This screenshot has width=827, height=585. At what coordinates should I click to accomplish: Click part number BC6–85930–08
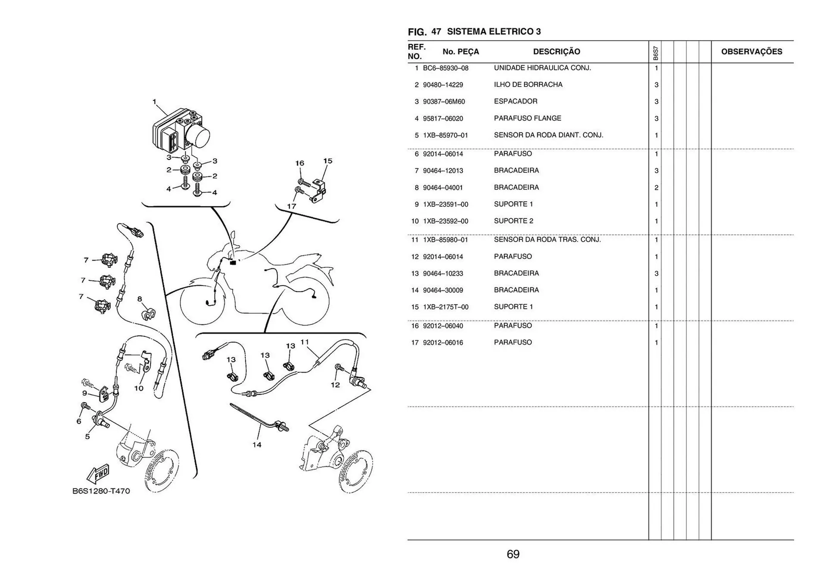[445, 68]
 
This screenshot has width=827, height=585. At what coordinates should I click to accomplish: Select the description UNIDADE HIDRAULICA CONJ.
[542, 68]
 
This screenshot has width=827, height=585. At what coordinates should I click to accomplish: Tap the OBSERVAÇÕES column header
[751, 52]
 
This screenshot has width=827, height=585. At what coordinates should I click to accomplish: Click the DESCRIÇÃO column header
[556, 52]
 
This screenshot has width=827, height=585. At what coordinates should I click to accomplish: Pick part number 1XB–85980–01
[445, 240]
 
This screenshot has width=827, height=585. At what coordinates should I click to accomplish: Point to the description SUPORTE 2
[513, 221]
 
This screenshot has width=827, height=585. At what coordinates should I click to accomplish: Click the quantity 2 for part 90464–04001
[656, 188]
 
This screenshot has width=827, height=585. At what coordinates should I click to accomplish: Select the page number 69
[513, 554]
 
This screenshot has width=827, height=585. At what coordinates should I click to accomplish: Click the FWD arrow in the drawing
[98, 474]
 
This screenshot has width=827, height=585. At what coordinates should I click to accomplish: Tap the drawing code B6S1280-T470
[101, 491]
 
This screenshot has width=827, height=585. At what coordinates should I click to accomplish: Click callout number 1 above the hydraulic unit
[154, 102]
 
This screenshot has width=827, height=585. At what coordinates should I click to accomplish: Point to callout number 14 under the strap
[257, 445]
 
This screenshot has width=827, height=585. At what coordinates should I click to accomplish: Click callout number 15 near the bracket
[327, 161]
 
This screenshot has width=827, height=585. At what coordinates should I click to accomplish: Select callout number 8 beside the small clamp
[140, 299]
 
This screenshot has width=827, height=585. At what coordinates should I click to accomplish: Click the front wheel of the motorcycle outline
[202, 304]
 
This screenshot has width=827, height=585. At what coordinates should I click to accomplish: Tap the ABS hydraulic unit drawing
[181, 129]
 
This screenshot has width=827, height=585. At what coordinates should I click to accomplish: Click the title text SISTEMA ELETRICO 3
[494, 31]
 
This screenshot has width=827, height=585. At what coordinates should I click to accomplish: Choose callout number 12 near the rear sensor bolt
[335, 385]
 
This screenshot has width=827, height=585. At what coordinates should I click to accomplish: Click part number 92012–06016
[443, 343]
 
